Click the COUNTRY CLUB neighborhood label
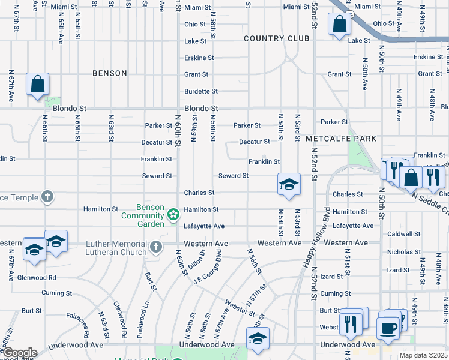[x=277, y=38]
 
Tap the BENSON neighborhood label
[x=110, y=73]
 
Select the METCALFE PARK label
[x=341, y=139]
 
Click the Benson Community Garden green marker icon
[x=173, y=214]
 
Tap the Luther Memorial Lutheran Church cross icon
[x=156, y=247]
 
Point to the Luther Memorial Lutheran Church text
[x=116, y=248]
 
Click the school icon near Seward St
[x=289, y=184]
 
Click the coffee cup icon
[x=388, y=328]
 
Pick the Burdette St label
[x=201, y=91]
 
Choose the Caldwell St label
[x=403, y=234]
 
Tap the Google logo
[x=19, y=353]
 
